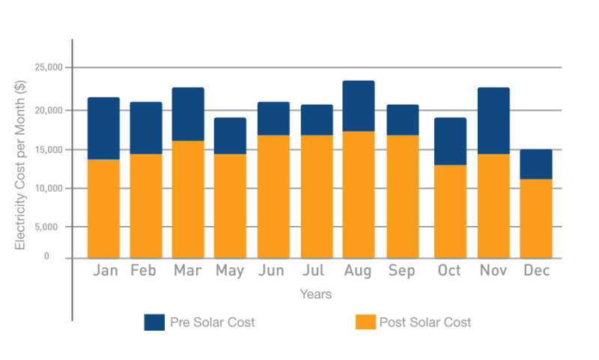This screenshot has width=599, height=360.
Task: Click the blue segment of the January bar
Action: (103, 128)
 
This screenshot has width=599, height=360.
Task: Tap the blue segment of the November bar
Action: (493, 120)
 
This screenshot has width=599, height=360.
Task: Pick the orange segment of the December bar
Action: (536, 219)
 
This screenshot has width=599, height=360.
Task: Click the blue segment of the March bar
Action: (188, 114)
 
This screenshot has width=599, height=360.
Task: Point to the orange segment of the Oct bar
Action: (450, 211)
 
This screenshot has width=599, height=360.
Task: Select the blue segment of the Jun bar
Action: (273, 118)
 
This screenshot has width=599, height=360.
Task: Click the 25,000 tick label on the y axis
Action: (49, 68)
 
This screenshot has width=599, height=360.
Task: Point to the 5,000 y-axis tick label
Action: (52, 227)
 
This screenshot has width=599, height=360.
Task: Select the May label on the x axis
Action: (230, 271)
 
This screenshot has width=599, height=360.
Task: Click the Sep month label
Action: (402, 271)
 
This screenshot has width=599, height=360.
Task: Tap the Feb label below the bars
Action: (144, 271)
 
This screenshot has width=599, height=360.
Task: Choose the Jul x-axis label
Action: (314, 271)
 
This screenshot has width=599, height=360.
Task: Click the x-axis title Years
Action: (315, 295)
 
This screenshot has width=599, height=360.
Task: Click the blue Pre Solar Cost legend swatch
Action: (154, 323)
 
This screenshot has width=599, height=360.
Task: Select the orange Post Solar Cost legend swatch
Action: (365, 323)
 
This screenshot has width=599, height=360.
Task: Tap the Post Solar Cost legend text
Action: (425, 323)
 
